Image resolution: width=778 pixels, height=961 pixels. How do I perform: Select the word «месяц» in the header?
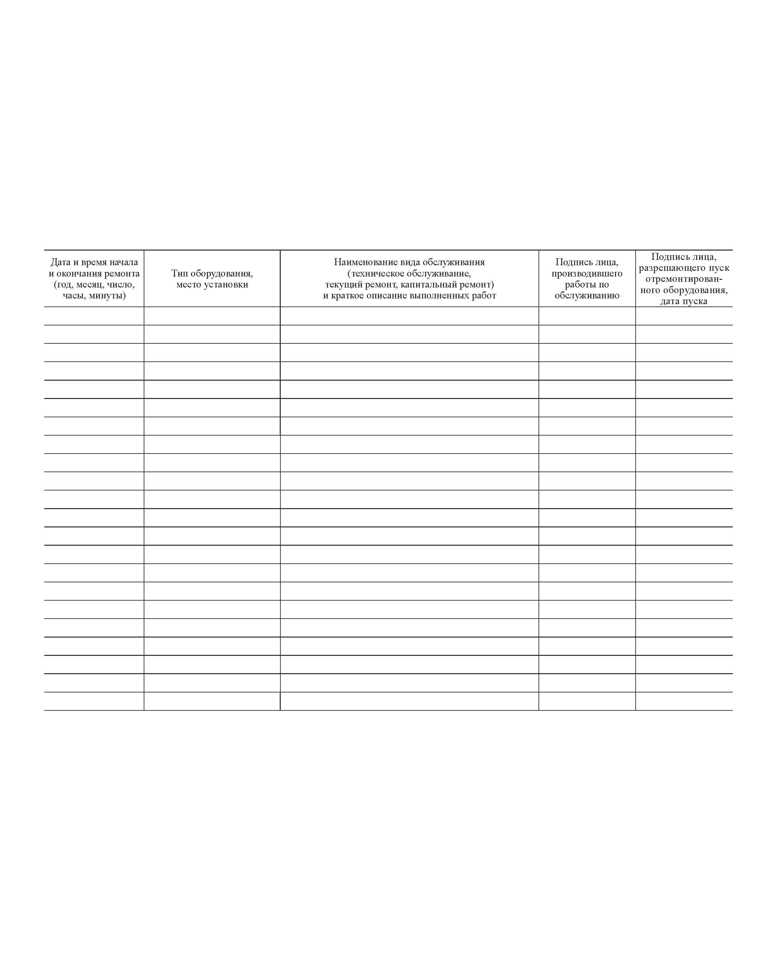(89, 285)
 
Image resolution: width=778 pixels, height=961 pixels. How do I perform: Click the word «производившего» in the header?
(587, 274)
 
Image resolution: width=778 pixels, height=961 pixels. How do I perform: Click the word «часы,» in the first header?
(74, 295)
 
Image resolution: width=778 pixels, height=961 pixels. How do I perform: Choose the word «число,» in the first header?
(120, 285)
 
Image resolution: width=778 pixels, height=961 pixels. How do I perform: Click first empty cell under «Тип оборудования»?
(212, 316)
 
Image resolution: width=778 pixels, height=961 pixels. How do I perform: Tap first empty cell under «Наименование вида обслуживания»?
(409, 316)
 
